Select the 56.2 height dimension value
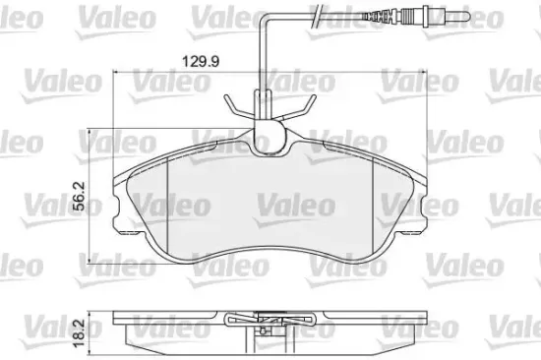78,193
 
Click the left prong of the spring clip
233,107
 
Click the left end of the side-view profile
118,325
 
